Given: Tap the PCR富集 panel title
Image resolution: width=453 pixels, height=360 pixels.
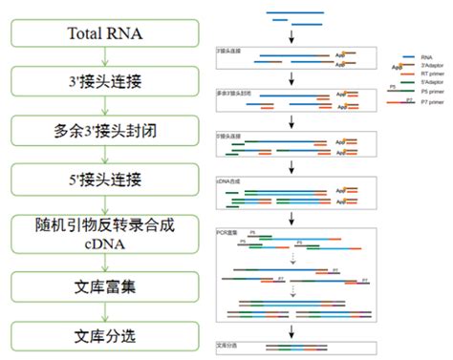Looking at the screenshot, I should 228,230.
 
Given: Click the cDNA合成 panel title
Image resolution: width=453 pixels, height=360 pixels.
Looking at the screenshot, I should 229,179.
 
